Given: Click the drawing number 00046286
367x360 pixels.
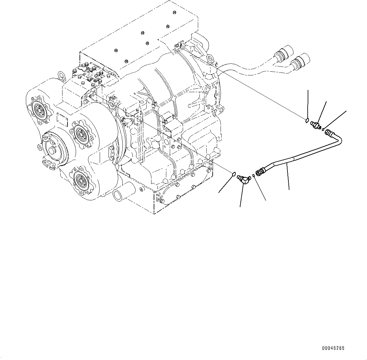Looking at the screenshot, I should click(x=333, y=348).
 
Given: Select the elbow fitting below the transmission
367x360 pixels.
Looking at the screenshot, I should click(x=244, y=179).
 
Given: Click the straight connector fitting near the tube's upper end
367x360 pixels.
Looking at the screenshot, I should click(x=316, y=125).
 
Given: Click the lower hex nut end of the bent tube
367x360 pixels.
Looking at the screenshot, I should click(x=261, y=172).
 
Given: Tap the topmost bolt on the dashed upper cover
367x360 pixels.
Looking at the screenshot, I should click(x=175, y=12).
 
